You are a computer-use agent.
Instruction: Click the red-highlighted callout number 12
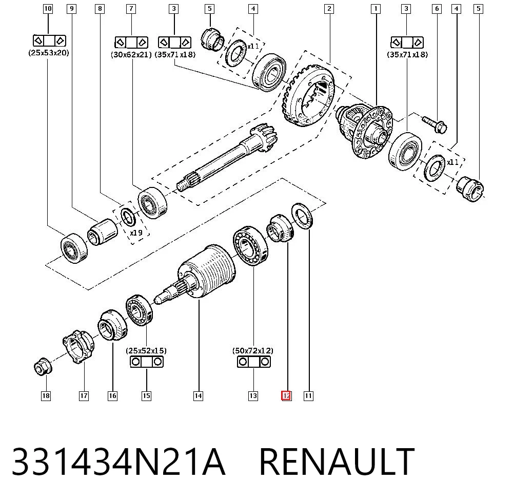(x=286, y=396)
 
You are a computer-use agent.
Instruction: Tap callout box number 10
(x=48, y=9)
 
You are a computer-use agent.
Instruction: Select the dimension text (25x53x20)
(x=49, y=53)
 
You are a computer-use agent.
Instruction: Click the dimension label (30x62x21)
(x=131, y=54)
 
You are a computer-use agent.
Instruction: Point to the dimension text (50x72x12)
(x=253, y=351)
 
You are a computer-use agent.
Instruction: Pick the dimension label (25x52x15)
(x=146, y=351)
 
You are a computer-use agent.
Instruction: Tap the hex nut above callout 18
(x=43, y=367)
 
